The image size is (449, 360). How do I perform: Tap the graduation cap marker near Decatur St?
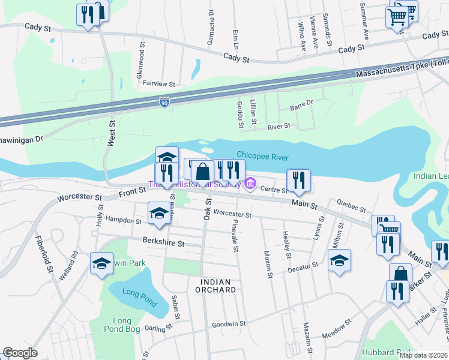pos(339,260)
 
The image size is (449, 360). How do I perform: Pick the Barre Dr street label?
pos(301,105)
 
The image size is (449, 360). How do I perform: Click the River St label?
pos(279,127)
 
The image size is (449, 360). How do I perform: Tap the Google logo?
pos(20,353)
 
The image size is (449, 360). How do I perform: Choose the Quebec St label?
pos(351,206)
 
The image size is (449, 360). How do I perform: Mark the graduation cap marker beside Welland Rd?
pos(101,262)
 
